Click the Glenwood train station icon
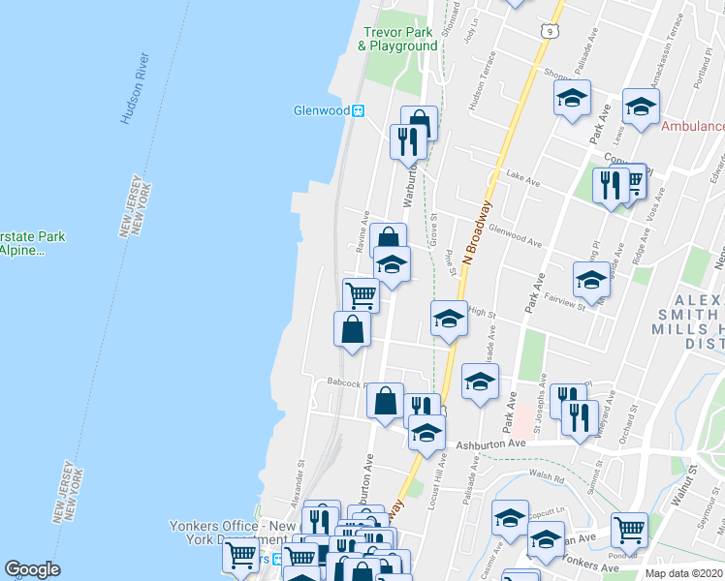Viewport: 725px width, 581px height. pos(359,110)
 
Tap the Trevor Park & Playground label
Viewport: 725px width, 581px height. pos(397,39)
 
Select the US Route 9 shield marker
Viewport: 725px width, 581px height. pos(551,32)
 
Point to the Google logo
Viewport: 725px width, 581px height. pos(32,569)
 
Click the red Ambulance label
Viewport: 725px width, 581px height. pos(692,126)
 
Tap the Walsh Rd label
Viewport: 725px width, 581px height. pos(547,475)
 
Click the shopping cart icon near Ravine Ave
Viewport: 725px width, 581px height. pos(361,294)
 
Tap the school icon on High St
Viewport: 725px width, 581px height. pos(448,320)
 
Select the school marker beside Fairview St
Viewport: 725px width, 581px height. pos(591,279)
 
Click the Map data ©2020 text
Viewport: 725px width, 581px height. pos(684,572)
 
